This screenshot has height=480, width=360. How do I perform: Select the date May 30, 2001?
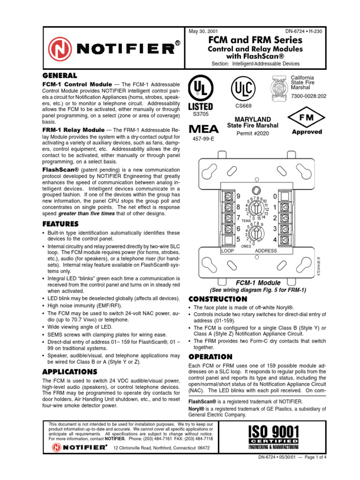(x=203, y=31)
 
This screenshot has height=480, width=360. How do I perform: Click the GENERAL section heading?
(x=60, y=75)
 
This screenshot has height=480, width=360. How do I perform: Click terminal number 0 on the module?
(x=275, y=196)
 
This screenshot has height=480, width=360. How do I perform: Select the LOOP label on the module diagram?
(x=227, y=251)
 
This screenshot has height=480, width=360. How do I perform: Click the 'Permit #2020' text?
(x=253, y=133)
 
